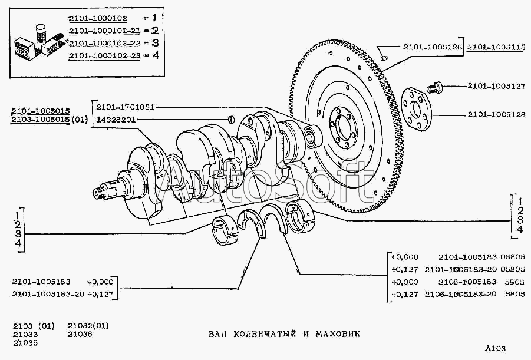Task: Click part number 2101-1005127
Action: pos(496,86)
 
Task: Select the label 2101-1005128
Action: pos(496,114)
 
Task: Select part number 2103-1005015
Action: pos(40,120)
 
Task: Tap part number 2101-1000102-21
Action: pos(110,31)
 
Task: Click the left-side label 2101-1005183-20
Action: pos(47,293)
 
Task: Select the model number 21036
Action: pos(80,334)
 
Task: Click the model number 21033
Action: pos(25,334)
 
